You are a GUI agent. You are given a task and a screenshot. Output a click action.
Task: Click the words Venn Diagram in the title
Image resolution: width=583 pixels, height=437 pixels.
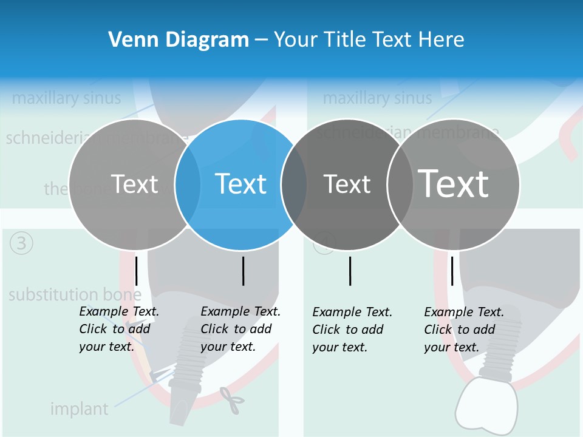point(179,40)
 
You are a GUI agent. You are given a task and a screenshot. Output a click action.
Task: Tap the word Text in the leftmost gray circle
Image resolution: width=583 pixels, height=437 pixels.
point(134,184)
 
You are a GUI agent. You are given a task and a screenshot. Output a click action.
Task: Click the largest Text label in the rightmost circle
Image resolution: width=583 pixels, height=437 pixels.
point(454,183)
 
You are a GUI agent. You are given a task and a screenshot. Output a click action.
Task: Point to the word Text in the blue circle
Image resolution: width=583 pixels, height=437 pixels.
point(241,184)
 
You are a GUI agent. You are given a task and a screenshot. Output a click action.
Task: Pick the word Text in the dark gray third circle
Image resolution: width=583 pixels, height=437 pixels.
point(347,185)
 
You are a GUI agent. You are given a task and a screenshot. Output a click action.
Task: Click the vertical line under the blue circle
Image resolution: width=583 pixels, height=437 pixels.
point(243,271)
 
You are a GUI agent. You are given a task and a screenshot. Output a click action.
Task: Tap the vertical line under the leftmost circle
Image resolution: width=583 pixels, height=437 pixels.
point(137,271)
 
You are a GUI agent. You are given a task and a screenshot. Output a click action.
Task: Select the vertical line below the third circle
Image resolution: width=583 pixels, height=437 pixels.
point(350,271)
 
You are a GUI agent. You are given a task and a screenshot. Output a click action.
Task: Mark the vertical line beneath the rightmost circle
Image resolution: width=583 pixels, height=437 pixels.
point(452,271)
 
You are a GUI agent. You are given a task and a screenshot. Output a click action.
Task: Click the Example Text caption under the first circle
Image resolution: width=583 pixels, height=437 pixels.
point(119,329)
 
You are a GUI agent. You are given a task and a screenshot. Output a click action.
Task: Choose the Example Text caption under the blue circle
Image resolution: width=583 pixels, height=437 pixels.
point(240,329)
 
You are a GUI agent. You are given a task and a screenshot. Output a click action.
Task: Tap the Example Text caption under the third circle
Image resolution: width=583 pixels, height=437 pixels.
point(352,330)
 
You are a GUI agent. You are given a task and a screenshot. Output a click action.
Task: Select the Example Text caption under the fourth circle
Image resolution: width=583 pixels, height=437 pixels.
point(464,330)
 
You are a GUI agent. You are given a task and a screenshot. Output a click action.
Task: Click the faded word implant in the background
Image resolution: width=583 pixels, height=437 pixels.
point(79,409)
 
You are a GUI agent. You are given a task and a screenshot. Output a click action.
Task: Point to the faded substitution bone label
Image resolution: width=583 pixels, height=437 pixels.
point(75,296)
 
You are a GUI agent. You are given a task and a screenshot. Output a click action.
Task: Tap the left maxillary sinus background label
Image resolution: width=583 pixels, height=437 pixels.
point(66,98)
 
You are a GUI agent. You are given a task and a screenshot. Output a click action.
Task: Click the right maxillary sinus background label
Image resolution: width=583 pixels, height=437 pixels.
point(377,98)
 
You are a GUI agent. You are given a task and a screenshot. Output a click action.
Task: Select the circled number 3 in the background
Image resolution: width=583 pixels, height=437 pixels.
point(22,243)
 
